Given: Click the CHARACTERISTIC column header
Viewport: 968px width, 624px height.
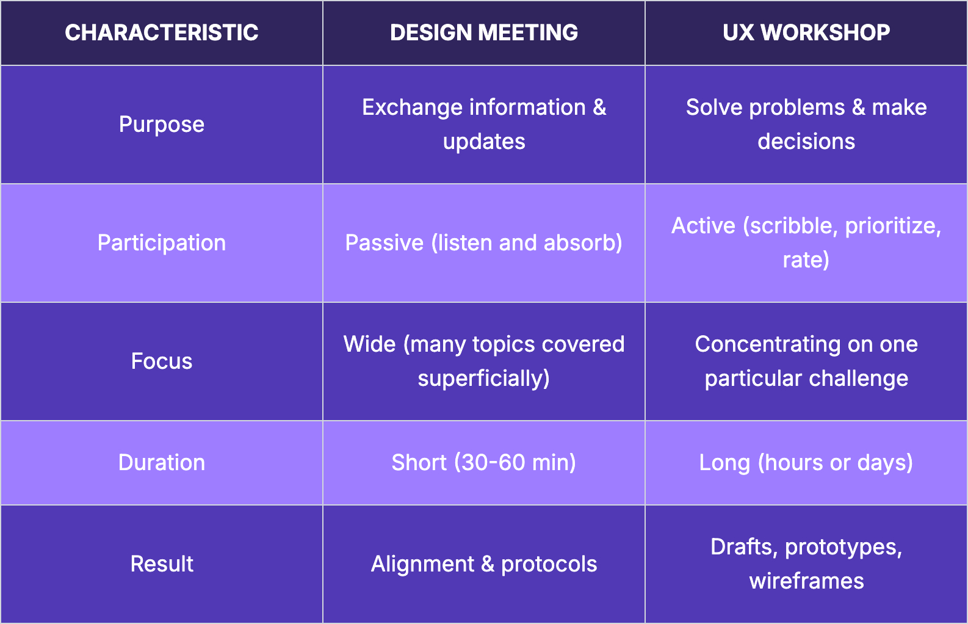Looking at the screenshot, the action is click(x=162, y=33).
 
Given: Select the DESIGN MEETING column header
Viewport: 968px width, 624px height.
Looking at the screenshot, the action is click(x=484, y=33).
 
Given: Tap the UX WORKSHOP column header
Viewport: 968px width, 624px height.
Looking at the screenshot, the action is click(x=806, y=33).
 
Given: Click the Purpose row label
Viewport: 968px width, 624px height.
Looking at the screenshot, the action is click(x=162, y=125).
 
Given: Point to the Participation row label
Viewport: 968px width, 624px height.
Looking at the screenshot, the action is click(x=162, y=243).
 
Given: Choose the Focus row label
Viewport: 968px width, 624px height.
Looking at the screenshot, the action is click(x=162, y=361).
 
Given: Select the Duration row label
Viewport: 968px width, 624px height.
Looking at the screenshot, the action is click(x=162, y=463).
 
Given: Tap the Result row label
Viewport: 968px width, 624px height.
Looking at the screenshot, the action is click(x=162, y=564).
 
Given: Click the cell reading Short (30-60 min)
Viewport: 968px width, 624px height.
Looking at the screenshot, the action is click(x=484, y=463).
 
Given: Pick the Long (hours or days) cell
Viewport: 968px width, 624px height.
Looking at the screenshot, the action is click(x=806, y=463).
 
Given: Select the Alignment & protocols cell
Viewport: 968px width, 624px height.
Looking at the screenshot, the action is click(x=484, y=564).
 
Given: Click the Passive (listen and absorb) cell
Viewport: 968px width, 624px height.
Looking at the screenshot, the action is click(x=484, y=243).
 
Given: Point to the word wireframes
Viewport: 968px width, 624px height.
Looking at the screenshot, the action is click(x=806, y=581).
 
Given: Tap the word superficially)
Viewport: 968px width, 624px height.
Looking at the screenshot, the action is click(x=484, y=379).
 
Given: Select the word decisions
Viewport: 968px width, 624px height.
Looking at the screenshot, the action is click(x=806, y=142).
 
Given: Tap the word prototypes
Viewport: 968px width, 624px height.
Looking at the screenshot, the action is click(x=843, y=547).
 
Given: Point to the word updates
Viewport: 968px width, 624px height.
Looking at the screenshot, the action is click(x=484, y=142).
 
